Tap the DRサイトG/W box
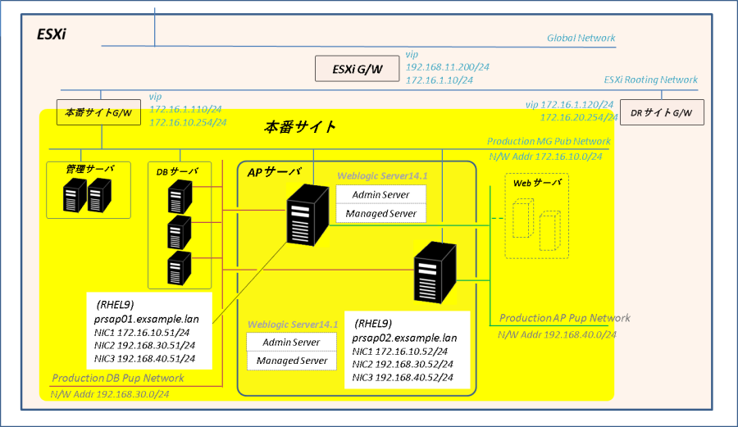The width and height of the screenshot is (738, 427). pos(663,111)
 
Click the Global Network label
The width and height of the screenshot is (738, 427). pos(581,38)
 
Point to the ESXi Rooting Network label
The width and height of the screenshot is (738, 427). pos(650,79)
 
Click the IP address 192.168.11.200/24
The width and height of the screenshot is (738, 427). pos(447,68)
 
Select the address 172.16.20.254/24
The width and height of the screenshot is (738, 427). pos(578,118)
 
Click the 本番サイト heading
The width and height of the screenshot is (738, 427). pos(300,127)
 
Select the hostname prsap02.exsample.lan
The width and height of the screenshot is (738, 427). pos(404,337)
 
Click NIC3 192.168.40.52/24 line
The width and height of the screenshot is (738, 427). pos(403,377)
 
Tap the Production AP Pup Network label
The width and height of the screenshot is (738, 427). pos(564,318)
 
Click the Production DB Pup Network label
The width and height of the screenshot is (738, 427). pos(118,378)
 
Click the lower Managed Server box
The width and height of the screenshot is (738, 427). pos(292,361)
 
